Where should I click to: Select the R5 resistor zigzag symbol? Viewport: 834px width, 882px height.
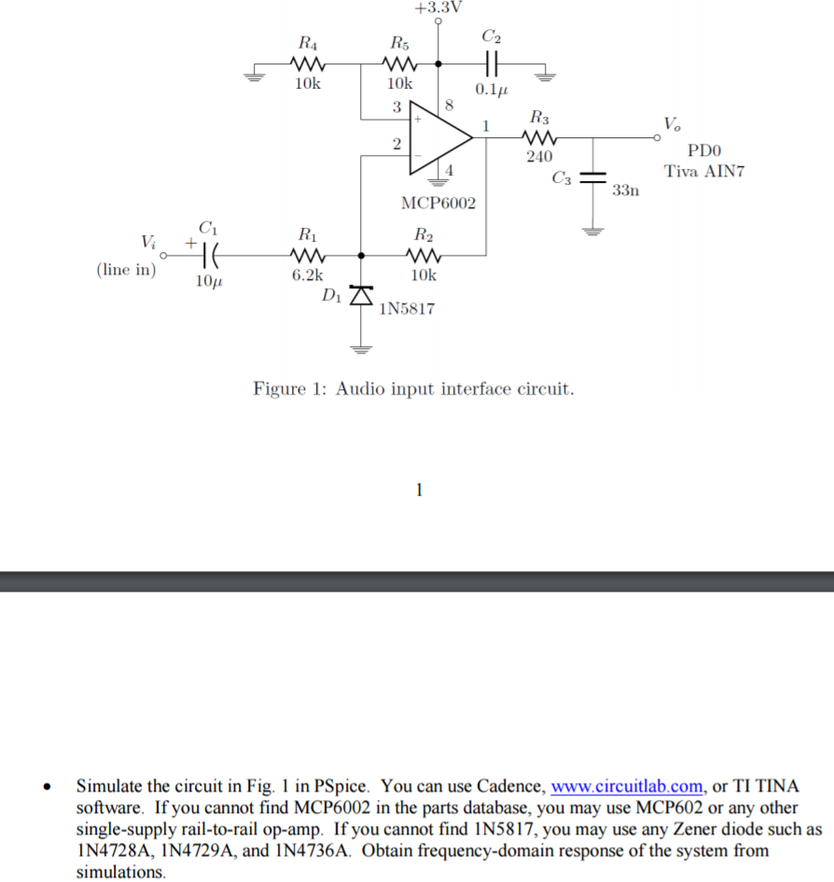tap(399, 64)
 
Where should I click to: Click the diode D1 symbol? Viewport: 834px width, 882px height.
tap(362, 294)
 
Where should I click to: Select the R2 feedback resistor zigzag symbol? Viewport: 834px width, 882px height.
tap(424, 254)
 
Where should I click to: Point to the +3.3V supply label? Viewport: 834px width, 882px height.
tap(438, 7)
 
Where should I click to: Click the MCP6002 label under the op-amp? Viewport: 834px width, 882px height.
tap(438, 203)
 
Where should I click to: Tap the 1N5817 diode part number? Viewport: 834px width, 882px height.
tap(407, 309)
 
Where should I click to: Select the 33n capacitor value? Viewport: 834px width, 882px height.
tap(626, 191)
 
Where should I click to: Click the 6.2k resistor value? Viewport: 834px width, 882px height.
tap(306, 275)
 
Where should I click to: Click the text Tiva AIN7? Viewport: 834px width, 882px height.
tap(704, 171)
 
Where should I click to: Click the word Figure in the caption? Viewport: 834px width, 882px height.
tap(279, 388)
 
